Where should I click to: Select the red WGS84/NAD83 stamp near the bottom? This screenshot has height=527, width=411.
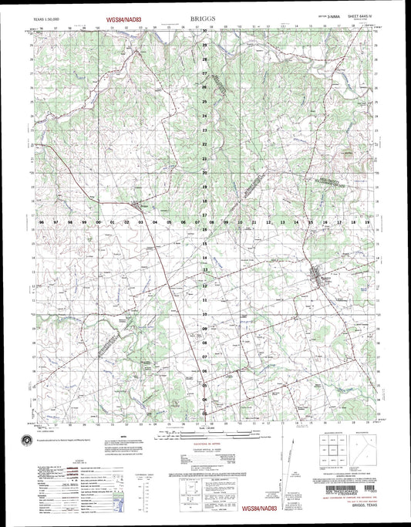pyautogui.click(x=262, y=509)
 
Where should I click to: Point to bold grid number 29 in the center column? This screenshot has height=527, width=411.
pyautogui.click(x=204, y=45)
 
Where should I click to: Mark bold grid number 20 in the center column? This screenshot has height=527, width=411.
pyautogui.click(x=204, y=174)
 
